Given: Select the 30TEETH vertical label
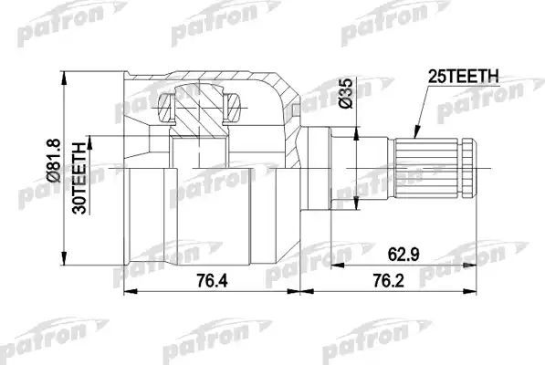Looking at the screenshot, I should tap(80, 176).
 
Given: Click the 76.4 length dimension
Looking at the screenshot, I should tap(212, 282).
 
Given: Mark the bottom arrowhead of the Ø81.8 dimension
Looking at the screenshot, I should tap(66, 257).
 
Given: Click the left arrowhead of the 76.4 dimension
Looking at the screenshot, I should tap(128, 293).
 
